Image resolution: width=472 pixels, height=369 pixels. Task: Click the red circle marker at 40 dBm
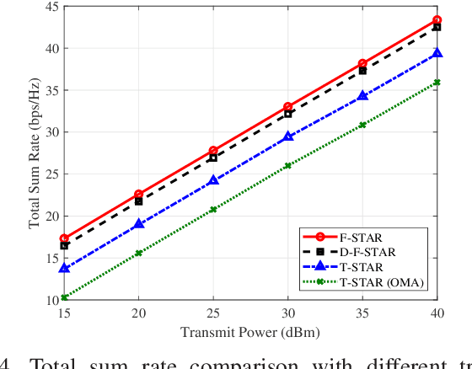tap(437, 19)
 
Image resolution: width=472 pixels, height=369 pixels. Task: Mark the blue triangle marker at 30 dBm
tap(287, 136)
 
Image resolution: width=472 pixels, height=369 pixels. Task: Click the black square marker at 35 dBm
tap(362, 70)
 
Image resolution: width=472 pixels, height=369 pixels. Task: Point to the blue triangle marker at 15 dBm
tap(64, 268)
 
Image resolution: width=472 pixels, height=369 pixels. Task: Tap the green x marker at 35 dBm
tap(362, 125)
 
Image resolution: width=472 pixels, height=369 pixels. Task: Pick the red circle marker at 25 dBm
tap(212, 151)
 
